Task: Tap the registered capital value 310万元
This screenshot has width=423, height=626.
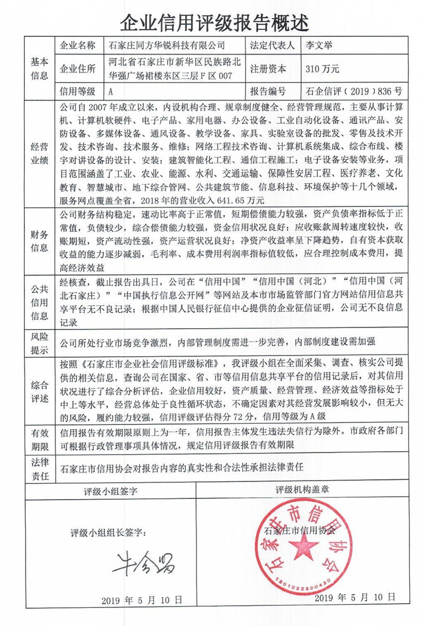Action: pyautogui.click(x=322, y=68)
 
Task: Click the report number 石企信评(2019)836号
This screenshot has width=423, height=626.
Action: pyautogui.click(x=354, y=90)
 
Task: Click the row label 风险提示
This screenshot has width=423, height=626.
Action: pyautogui.click(x=40, y=342)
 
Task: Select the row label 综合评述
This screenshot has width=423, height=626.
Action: pyautogui.click(x=40, y=391)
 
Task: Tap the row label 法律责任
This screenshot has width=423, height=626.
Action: pyautogui.click(x=40, y=469)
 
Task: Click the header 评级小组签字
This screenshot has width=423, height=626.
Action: pyautogui.click(x=111, y=491)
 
